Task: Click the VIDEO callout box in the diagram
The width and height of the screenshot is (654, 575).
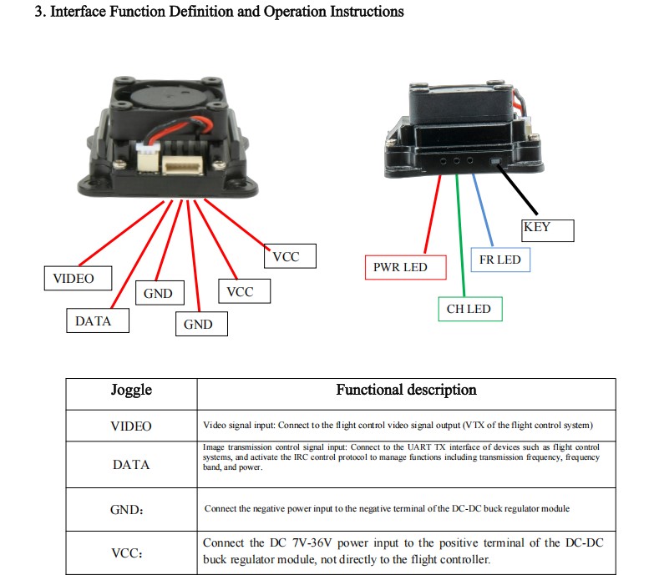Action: [x=78, y=279]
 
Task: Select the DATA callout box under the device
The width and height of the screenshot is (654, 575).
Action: [x=98, y=320]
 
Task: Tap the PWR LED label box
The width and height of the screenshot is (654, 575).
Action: [x=405, y=267]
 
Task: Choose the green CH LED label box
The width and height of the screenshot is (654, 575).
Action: [x=470, y=309]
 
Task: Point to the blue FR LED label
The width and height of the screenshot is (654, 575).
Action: [x=500, y=260]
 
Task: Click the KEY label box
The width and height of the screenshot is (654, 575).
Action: [x=548, y=230]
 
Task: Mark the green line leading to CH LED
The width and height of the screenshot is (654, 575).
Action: [x=460, y=235]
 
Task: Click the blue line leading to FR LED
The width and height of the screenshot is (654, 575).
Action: [x=483, y=210]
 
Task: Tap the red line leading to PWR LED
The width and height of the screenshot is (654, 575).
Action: [x=433, y=214]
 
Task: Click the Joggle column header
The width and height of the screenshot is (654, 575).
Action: [x=131, y=390]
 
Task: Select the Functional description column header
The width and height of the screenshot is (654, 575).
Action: [x=406, y=390]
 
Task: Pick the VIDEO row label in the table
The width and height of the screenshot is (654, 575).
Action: [x=131, y=426]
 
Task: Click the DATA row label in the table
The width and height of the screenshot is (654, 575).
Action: [x=131, y=465]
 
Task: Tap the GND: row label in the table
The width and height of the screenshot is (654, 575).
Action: [x=127, y=510]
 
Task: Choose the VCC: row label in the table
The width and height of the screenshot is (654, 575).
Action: [x=127, y=553]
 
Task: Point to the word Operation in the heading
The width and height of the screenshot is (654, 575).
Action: [x=295, y=11]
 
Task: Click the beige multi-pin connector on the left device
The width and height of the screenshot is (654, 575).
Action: [x=182, y=166]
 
